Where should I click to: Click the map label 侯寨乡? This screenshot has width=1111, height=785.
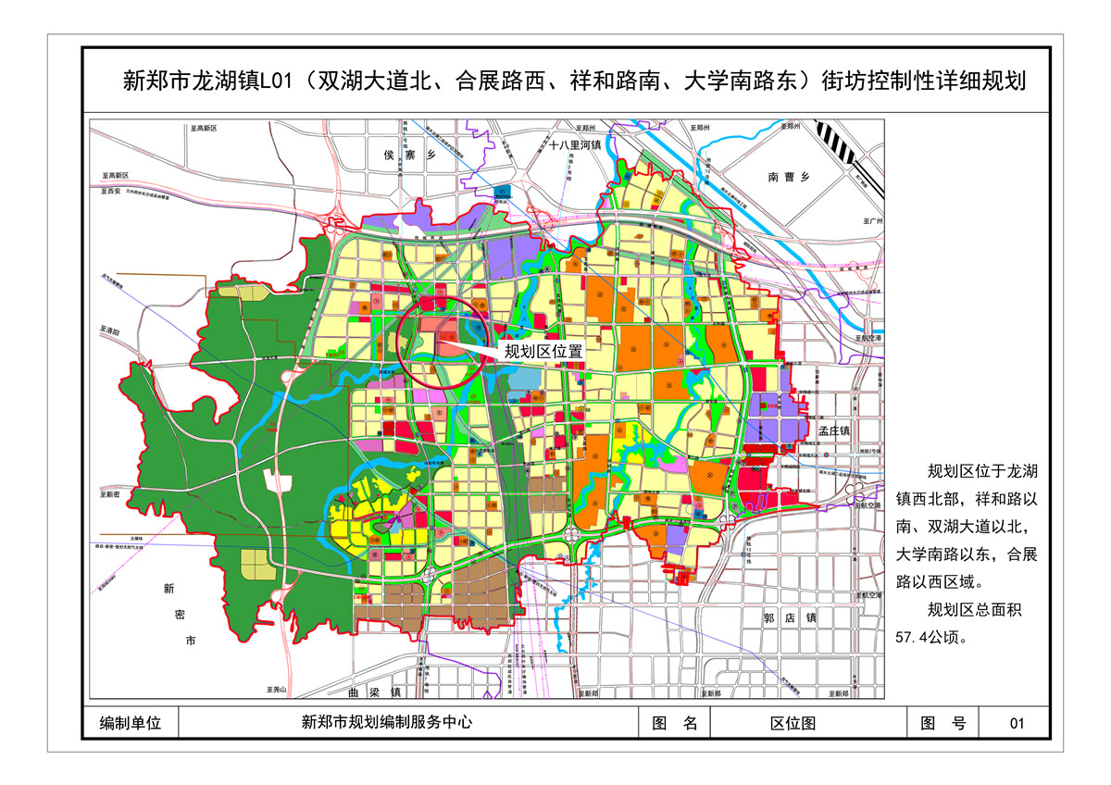[407, 156]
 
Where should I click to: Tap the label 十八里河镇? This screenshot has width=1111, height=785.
[575, 145]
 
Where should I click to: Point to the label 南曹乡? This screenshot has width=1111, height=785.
[788, 177]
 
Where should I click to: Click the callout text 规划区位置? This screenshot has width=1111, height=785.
[543, 351]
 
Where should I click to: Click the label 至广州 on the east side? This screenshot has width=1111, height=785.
[874, 222]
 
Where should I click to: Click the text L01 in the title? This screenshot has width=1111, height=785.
[277, 81]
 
